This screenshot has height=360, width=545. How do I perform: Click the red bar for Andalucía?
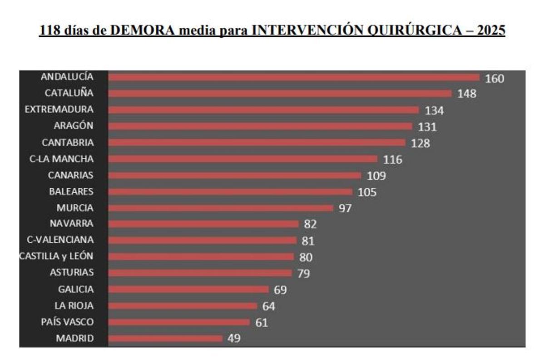[294, 77]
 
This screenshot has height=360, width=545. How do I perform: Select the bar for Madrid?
[166, 338]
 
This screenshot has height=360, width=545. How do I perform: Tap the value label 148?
[467, 94]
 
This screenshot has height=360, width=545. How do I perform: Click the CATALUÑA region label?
[69, 93]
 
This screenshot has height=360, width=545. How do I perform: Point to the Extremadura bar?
[263, 110]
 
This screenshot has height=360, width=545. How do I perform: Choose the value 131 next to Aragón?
[427, 127]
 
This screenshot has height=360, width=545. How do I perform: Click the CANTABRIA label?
[68, 143]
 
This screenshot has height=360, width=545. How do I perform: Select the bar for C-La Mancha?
[243, 159]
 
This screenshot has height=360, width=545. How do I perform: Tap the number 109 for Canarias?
[376, 176]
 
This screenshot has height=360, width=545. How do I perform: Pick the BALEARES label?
[71, 192]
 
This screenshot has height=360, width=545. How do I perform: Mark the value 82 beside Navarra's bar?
[311, 224]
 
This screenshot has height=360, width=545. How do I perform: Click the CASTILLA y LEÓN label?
[56, 256]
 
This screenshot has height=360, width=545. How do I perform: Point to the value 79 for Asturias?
[303, 274]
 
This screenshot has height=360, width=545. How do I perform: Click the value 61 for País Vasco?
[261, 323]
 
